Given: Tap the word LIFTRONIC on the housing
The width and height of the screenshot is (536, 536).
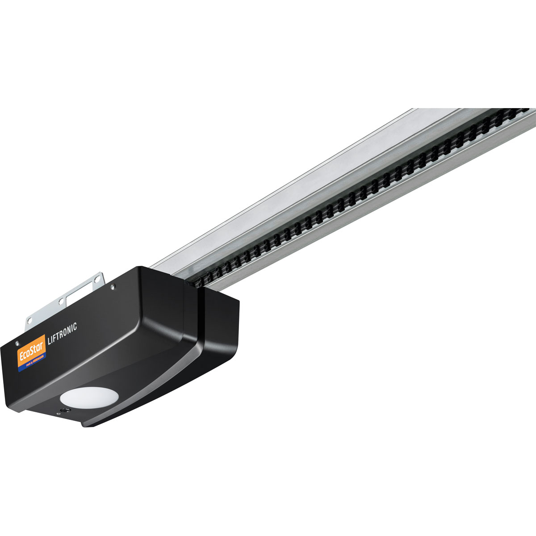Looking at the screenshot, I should point(62,333).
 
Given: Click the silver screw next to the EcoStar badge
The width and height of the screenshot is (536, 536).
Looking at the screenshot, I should point(17,343).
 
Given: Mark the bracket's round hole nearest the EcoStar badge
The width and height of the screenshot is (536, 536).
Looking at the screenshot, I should point(30,320).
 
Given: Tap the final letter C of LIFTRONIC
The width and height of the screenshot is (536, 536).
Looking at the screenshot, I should point(75,327).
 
